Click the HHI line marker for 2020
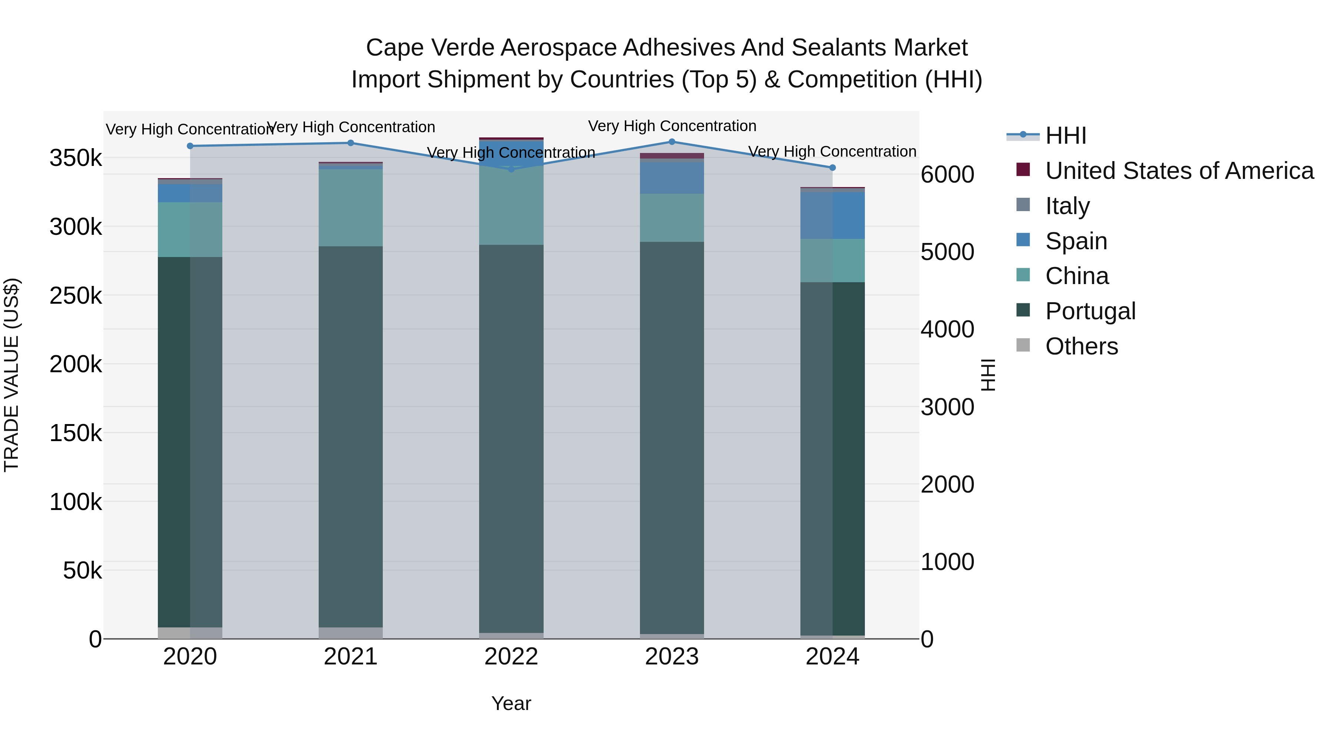pos(190,146)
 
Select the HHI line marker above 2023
pos(672,142)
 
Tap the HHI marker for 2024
pos(832,168)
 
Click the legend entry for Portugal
pos(1090,311)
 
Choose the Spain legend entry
pos(1076,241)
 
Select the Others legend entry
pos(1081,346)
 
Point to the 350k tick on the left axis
pos(76,158)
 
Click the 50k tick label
pos(82,570)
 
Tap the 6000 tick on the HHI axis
pos(947,174)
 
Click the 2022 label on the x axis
pos(511,657)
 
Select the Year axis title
pos(511,703)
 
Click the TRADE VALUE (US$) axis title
pos(11,375)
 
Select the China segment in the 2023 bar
pos(672,218)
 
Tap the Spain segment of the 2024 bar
pos(832,215)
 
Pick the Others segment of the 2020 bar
pos(190,633)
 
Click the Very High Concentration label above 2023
pos(672,126)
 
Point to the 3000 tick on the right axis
pos(947,407)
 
